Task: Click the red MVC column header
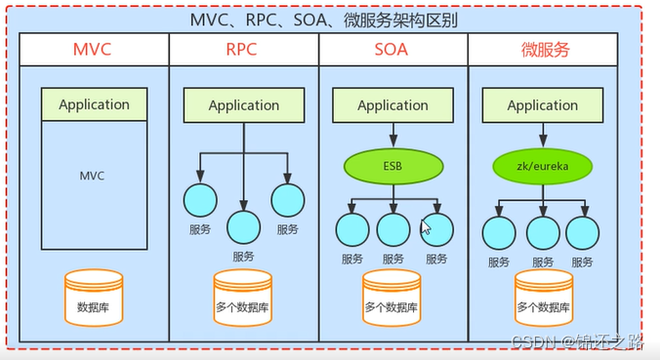tap(94, 50)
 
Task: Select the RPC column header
tap(243, 50)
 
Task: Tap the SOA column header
tap(392, 50)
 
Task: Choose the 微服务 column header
tap(543, 50)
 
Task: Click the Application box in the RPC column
tap(243, 106)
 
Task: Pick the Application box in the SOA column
tap(392, 105)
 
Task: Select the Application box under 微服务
tap(543, 105)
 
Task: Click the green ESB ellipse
tap(392, 166)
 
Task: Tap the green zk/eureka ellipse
tap(543, 166)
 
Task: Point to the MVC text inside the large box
tap(93, 177)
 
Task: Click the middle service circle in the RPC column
tap(243, 227)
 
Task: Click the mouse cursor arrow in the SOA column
tap(426, 227)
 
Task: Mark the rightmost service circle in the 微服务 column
tap(583, 231)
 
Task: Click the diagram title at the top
tap(329, 20)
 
